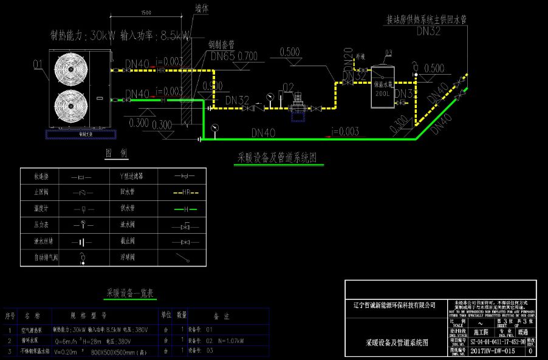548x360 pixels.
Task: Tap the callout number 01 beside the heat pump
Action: tap(38, 63)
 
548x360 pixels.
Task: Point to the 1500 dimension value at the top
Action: tap(145, 13)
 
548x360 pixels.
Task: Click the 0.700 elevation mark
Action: tap(248, 56)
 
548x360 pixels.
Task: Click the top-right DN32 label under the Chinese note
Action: tap(428, 32)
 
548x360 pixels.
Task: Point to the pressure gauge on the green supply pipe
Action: tap(215, 127)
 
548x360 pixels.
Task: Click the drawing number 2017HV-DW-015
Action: tap(493, 351)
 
